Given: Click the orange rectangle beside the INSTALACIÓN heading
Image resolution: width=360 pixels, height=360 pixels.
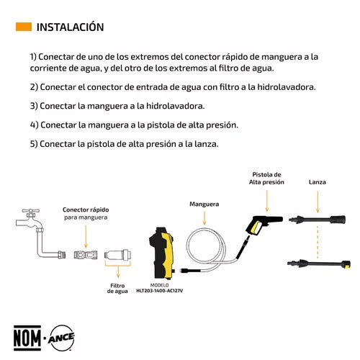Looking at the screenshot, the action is click(x=24, y=27).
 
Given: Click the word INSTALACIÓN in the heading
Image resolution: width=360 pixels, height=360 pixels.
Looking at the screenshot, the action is click(x=70, y=27).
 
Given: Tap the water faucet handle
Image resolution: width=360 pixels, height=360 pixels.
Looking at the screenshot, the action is click(x=31, y=211).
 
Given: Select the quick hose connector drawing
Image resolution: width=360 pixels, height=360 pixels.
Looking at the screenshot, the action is click(x=86, y=254).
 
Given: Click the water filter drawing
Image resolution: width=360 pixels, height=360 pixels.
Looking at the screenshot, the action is click(x=118, y=254).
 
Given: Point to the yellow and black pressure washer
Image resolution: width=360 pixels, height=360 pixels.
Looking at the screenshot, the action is click(x=161, y=253).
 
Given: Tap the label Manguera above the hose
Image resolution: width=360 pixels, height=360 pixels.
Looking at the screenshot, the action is click(x=204, y=204).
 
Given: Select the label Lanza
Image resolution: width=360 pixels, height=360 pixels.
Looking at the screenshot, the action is click(x=318, y=182).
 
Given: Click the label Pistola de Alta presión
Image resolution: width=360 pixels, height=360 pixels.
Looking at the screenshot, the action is click(x=266, y=179).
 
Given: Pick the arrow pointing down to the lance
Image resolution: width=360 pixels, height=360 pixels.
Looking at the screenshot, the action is click(x=318, y=202).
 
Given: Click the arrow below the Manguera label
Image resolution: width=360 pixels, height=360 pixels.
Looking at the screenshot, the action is click(x=204, y=218).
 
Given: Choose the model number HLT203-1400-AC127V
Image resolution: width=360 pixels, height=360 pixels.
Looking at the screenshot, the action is click(x=160, y=291).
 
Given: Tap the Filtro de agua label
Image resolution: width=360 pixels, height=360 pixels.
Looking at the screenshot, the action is click(x=117, y=288).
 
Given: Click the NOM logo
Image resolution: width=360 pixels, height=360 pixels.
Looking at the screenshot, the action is click(x=27, y=338).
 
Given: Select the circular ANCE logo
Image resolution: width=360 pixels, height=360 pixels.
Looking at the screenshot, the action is click(x=61, y=338).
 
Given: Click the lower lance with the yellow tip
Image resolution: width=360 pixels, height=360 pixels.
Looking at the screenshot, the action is click(x=319, y=264).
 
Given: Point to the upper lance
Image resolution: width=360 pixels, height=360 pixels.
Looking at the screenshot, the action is click(x=318, y=220).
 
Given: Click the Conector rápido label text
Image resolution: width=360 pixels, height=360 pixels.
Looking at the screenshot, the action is click(x=86, y=210).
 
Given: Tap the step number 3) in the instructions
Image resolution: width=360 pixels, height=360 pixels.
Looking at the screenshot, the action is click(x=34, y=106).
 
